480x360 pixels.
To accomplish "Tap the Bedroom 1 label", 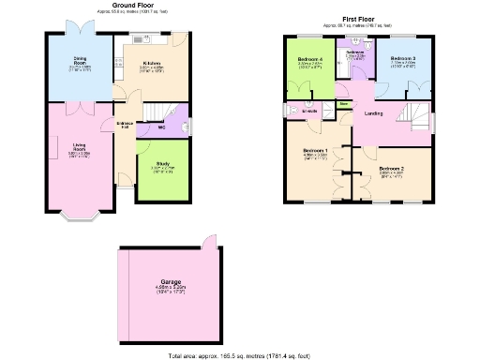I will click(314, 151).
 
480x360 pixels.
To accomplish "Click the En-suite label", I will click(310, 111).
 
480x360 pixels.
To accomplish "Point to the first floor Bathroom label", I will click(355, 52).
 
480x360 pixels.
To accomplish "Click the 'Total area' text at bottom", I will click(240, 355).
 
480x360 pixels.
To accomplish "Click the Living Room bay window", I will click(78, 221).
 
